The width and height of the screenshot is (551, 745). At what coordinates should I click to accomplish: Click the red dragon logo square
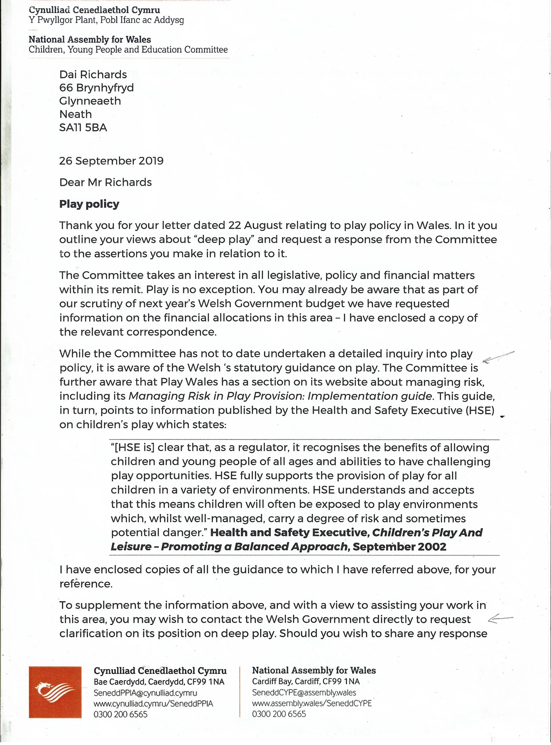tap(55, 692)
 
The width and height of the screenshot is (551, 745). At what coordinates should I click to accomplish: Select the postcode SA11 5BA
tap(83, 128)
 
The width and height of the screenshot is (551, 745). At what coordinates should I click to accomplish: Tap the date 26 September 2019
tap(111, 161)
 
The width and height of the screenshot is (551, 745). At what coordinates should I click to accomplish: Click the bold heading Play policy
tap(89, 204)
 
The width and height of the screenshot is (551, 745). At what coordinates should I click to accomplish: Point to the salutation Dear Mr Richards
tap(105, 183)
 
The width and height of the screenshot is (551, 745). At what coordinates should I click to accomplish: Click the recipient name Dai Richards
tap(93, 74)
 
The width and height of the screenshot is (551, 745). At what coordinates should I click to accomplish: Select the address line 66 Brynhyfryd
tap(96, 88)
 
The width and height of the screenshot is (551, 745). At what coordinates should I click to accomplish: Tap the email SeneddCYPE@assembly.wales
tap(304, 692)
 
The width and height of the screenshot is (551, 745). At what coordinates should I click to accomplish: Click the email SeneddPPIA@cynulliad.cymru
tap(145, 693)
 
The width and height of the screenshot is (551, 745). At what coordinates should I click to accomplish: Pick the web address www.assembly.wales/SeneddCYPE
tap(311, 703)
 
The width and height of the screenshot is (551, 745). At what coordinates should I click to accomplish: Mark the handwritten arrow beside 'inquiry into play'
tap(498, 357)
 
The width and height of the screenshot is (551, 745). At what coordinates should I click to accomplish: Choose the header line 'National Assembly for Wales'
tap(90, 39)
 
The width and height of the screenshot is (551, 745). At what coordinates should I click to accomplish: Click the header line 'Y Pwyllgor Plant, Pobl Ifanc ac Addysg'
tap(106, 20)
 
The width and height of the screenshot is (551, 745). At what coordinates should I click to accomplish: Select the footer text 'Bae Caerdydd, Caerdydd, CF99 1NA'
tap(159, 682)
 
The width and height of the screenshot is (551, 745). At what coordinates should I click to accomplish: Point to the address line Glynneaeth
tap(90, 101)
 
